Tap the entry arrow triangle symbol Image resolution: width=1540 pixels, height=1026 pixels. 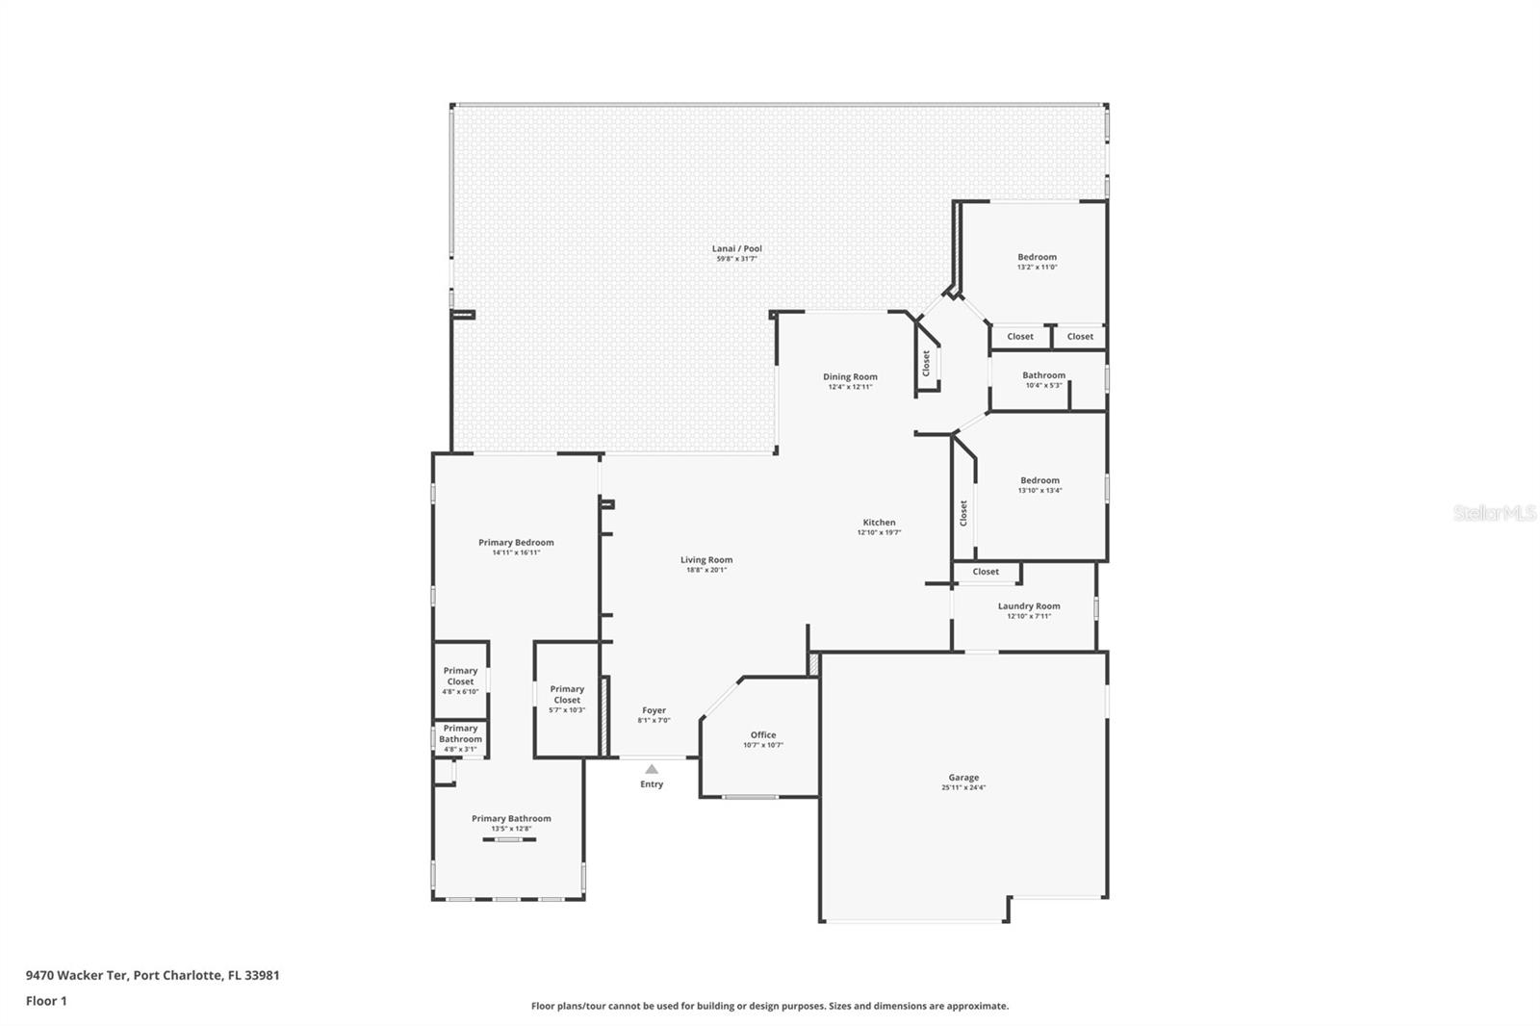652,768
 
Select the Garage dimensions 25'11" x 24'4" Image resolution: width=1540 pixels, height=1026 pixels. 963,787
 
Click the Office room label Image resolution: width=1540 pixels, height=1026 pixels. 763,734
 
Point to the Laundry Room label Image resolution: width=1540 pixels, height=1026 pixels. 1029,606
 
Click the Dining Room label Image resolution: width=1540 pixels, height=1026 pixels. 850,376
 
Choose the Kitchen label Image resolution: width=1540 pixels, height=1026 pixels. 879,523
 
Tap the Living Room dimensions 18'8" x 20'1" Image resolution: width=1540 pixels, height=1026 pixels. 706,570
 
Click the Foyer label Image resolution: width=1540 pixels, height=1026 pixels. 654,710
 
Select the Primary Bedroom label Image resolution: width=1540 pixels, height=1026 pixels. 516,542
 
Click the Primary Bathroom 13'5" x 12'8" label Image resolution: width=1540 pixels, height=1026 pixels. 511,818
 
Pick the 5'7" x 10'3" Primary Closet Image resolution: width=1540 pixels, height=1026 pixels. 567,699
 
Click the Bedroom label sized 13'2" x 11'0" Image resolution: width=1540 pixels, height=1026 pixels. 1037,257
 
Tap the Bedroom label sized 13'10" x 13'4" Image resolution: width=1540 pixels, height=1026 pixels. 1039,480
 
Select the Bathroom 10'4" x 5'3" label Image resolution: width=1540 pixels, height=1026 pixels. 1043,375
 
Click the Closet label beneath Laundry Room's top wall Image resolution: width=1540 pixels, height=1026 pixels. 986,572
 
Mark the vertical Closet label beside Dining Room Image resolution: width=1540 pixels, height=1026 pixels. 926,363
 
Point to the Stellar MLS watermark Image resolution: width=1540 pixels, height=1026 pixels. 1494,513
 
